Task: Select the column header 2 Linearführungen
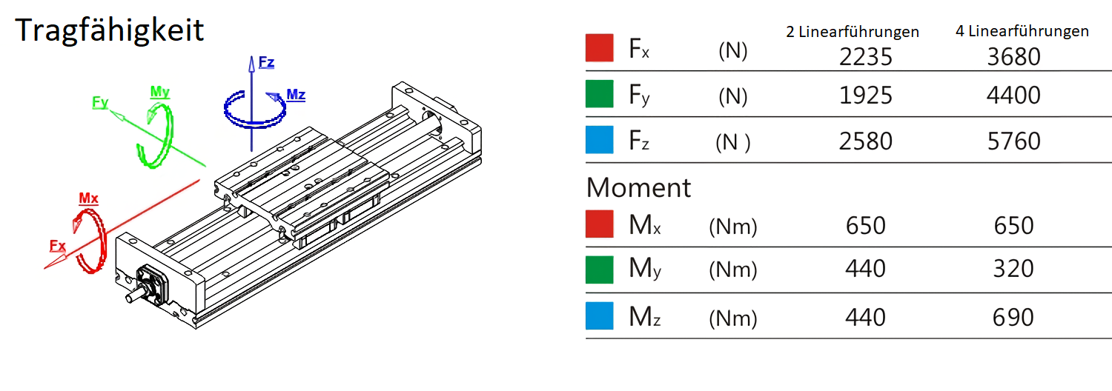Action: pyautogui.click(x=853, y=32)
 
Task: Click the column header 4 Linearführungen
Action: pyautogui.click(x=1022, y=31)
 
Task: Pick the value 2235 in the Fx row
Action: pyautogui.click(x=866, y=56)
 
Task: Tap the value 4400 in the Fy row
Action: pyautogui.click(x=1013, y=95)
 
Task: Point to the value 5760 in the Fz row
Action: pyautogui.click(x=1013, y=141)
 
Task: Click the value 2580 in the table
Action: pyautogui.click(x=866, y=141)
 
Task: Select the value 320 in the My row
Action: pyautogui.click(x=1013, y=268)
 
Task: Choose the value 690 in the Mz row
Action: pyautogui.click(x=1013, y=317)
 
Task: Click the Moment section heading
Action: pyautogui.click(x=638, y=187)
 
